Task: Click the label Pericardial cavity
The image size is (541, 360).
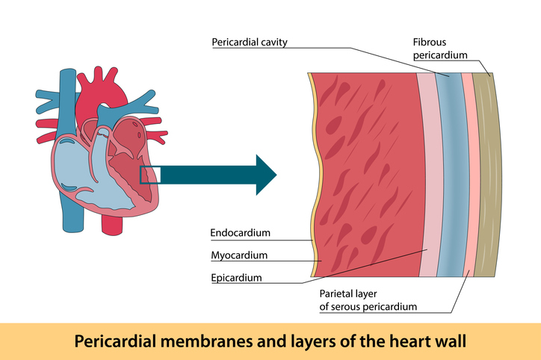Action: click(x=250, y=42)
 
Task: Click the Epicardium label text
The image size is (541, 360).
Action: click(x=237, y=278)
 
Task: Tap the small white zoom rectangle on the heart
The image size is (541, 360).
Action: click(x=150, y=174)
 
